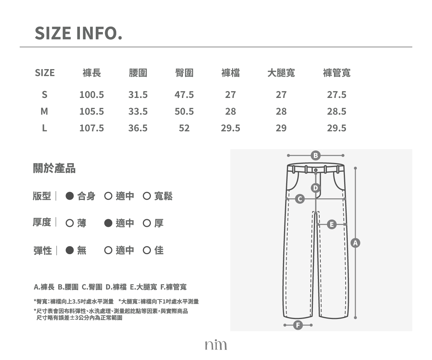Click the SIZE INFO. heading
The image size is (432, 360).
point(78,33)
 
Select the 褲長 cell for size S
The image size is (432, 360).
point(92,95)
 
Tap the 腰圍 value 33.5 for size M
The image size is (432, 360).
point(138,112)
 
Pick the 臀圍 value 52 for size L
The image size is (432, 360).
point(184,128)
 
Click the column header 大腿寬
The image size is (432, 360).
point(281,73)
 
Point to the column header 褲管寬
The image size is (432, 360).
point(337,73)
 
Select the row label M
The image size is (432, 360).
point(44,112)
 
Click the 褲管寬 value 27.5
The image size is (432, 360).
point(337,95)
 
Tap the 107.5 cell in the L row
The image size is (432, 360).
point(92,128)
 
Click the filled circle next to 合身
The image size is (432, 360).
point(70,196)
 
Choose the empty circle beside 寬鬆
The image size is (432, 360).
point(147,196)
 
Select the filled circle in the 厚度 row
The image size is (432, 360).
point(108,223)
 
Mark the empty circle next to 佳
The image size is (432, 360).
point(147,250)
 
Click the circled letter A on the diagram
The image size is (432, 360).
point(355,243)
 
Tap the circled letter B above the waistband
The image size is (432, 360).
point(315,156)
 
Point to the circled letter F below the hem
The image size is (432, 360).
point(298,325)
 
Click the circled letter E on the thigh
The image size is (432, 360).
point(332,225)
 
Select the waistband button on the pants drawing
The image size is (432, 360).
point(316,170)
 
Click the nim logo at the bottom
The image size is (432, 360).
point(216,345)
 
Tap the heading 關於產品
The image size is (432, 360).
point(54,168)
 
